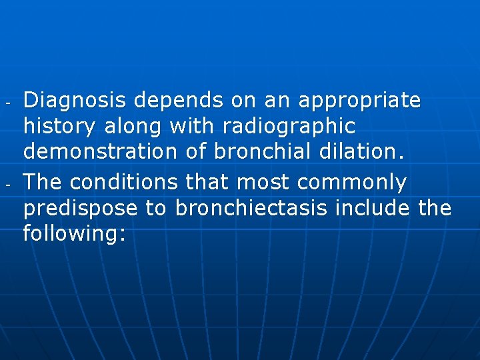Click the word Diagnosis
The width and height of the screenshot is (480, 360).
pyautogui.click(x=75, y=101)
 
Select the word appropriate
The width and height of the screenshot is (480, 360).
pyautogui.click(x=360, y=101)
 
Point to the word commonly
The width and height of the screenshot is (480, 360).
pyautogui.click(x=351, y=182)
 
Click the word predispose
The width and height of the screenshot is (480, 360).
pyautogui.click(x=81, y=208)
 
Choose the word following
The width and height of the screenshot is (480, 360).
pyautogui.click(x=74, y=233)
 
